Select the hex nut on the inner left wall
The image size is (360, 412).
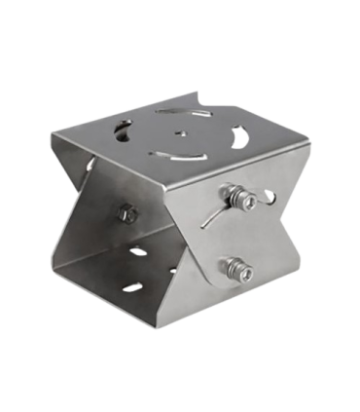coord(126,210)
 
